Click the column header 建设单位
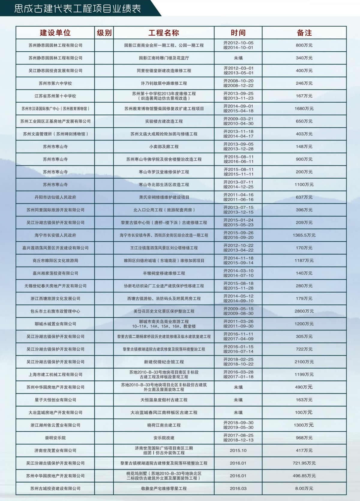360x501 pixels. pyautogui.click(x=55, y=33)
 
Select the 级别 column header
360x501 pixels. pyautogui.click(x=104, y=33)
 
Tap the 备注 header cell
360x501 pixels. pyautogui.click(x=304, y=33)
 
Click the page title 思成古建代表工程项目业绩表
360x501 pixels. pyautogui.click(x=78, y=8)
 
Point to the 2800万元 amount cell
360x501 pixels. pyautogui.click(x=304, y=311)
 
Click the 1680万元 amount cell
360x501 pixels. pyautogui.click(x=304, y=109)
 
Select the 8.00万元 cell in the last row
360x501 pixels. pyautogui.click(x=304, y=489)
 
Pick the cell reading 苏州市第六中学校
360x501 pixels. pyautogui.click(x=55, y=83)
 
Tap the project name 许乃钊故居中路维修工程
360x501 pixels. pyautogui.click(x=164, y=83)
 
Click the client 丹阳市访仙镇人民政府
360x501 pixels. pyautogui.click(x=55, y=198)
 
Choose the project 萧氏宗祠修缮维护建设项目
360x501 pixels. pyautogui.click(x=164, y=198)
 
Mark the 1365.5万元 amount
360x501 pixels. pyautogui.click(x=304, y=235)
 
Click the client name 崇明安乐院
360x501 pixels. pyautogui.click(x=55, y=438)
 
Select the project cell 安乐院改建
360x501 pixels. pyautogui.click(x=164, y=438)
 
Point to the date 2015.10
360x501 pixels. pyautogui.click(x=238, y=451)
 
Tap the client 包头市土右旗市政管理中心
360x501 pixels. pyautogui.click(x=55, y=311)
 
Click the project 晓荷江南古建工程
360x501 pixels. pyautogui.click(x=164, y=425)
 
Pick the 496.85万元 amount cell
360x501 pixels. pyautogui.click(x=304, y=476)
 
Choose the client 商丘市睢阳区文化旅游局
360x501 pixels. pyautogui.click(x=55, y=261)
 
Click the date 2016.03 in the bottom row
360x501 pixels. pyautogui.click(x=238, y=489)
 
